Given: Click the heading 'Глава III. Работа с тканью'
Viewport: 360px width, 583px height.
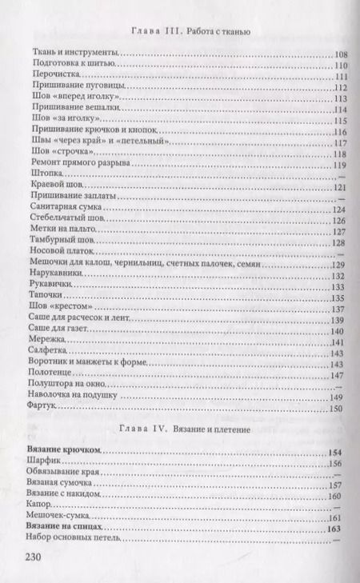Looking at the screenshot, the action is [x=190, y=33].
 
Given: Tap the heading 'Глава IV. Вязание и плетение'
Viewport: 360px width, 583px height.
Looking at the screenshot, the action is [x=190, y=430].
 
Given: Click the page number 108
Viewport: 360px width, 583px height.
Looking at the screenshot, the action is [x=335, y=54].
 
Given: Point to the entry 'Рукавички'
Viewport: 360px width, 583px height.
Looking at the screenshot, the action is [x=51, y=286].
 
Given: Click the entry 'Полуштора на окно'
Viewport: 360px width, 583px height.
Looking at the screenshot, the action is [x=67, y=385].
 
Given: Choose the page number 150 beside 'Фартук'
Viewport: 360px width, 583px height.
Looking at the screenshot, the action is [x=335, y=409].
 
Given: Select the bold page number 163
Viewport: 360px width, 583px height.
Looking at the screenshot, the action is [x=335, y=529].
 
